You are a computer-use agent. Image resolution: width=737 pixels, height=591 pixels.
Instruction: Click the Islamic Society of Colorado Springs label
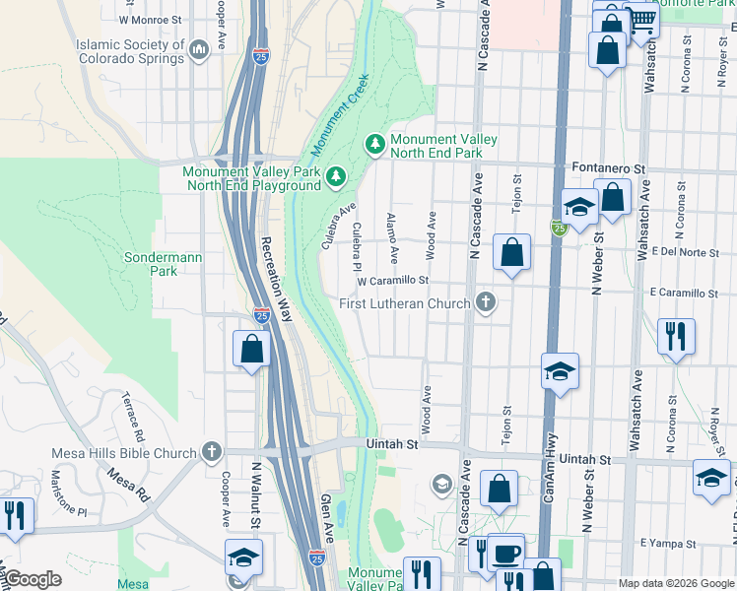tap(130, 51)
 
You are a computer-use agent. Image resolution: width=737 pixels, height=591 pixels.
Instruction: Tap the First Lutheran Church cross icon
tap(484, 302)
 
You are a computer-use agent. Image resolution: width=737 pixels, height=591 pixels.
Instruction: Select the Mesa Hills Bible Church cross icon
tap(210, 453)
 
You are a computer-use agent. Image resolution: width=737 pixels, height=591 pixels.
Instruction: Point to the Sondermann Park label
tap(163, 264)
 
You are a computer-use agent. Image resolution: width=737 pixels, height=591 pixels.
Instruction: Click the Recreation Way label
tap(277, 279)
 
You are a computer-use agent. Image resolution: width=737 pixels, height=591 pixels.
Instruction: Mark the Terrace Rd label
tap(132, 418)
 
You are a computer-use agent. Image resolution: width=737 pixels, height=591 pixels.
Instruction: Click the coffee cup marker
tap(506, 553)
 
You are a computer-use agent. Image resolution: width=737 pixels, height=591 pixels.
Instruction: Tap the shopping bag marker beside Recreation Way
tap(251, 349)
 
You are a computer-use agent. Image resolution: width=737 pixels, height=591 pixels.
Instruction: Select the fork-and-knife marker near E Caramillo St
tap(676, 336)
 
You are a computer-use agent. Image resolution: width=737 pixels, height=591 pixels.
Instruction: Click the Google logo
tap(33, 580)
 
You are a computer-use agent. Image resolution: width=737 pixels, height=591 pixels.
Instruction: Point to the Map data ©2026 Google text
tap(675, 583)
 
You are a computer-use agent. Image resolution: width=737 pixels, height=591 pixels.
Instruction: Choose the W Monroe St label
tap(151, 19)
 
